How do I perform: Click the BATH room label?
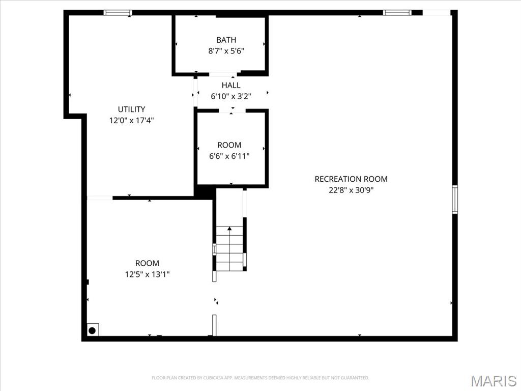[x=226, y=40]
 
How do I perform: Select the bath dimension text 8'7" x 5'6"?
[x=226, y=51]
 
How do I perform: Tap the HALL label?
[x=231, y=85]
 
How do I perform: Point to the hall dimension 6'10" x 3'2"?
[x=231, y=96]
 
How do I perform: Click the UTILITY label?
[x=131, y=109]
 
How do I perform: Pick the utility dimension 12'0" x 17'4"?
[x=131, y=120]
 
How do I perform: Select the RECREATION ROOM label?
[x=351, y=179]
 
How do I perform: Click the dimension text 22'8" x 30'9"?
[x=351, y=190]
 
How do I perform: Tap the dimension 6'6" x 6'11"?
[x=229, y=156]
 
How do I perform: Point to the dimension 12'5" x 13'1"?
[x=147, y=274]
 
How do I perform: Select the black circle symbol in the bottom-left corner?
[x=92, y=330]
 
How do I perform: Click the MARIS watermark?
[x=493, y=381]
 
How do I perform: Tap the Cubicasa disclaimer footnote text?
[x=260, y=378]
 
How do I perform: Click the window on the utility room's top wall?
[x=118, y=13]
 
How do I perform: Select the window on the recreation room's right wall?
[x=454, y=199]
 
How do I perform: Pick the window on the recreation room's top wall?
[x=397, y=13]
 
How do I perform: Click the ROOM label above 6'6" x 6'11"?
[x=229, y=145]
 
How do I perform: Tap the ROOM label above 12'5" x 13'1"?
[x=147, y=263]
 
